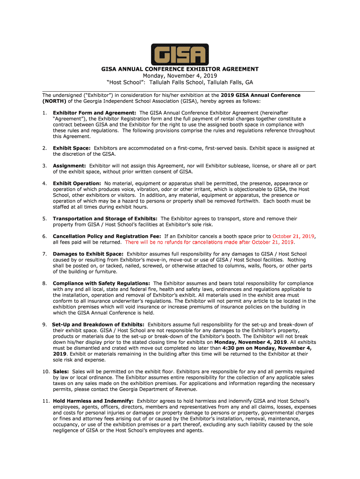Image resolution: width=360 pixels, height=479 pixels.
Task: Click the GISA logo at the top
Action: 180,54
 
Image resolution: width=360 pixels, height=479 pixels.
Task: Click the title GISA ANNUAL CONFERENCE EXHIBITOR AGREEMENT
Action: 180,69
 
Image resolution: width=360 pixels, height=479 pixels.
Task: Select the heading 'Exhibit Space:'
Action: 72,148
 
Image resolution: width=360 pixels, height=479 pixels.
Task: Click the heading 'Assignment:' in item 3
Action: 69,166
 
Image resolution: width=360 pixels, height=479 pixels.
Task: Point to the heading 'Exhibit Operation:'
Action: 77,183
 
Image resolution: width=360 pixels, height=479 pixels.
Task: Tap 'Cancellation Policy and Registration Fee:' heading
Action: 107,236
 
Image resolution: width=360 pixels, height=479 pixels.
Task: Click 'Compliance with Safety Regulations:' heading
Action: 101,283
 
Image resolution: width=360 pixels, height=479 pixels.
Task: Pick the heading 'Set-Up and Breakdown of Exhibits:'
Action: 98,324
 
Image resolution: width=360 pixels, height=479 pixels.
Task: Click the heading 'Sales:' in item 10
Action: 61,371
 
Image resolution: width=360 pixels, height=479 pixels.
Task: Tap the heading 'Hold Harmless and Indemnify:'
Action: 93,401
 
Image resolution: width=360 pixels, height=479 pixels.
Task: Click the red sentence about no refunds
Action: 209,242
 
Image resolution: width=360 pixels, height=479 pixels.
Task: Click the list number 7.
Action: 44,254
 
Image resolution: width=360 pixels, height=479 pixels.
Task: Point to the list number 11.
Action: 45,401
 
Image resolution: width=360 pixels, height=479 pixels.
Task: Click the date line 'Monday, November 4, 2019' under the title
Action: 180,76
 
